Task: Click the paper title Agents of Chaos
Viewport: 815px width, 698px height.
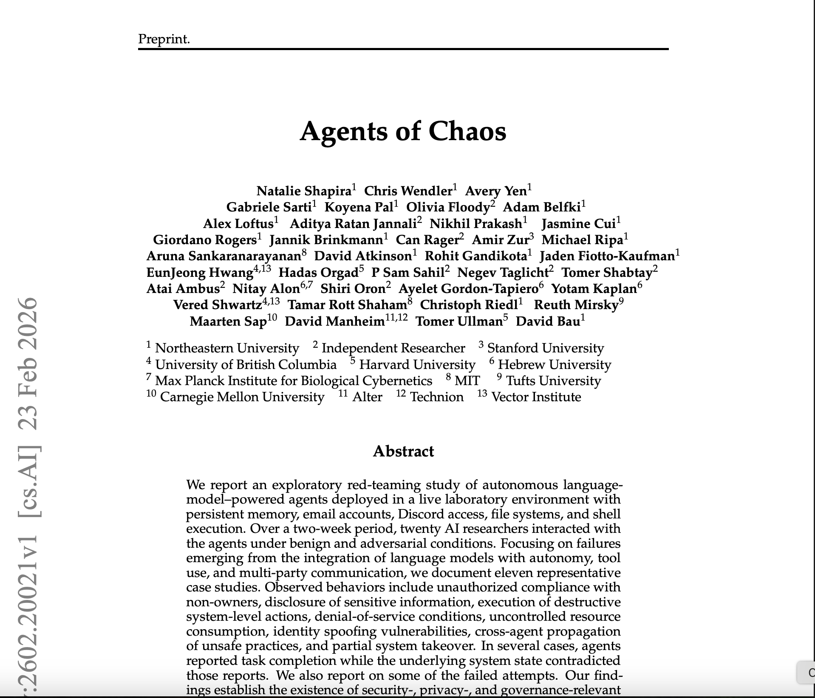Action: point(403,131)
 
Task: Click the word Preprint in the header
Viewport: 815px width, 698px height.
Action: point(163,39)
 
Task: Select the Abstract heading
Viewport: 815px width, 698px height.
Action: point(403,451)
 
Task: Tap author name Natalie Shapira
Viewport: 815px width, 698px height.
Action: point(304,191)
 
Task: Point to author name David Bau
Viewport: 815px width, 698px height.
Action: point(548,321)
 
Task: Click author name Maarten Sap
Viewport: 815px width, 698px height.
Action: point(228,321)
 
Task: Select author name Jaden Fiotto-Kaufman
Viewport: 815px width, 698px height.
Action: point(607,256)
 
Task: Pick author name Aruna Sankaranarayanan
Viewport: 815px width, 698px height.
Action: point(224,256)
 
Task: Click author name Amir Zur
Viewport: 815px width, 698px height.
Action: point(500,240)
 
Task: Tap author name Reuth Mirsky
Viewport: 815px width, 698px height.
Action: point(576,305)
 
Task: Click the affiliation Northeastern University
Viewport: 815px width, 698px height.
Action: point(227,348)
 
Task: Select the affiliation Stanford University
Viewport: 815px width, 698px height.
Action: point(545,348)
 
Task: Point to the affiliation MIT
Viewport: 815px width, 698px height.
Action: point(467,381)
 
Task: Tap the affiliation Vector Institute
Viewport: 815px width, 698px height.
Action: point(536,397)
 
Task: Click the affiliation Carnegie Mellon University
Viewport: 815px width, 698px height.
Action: point(242,397)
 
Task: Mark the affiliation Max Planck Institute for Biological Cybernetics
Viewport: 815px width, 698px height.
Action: point(294,381)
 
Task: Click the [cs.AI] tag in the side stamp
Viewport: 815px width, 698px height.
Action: point(28,480)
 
